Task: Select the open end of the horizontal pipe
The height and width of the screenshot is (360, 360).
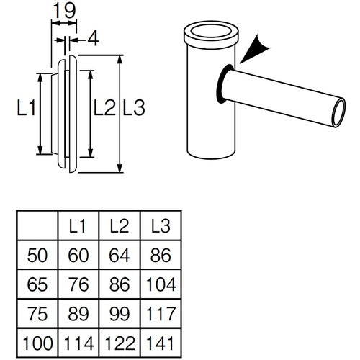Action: (338, 114)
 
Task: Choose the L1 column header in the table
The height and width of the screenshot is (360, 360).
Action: (78, 225)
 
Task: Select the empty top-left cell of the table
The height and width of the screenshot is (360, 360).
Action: (37, 225)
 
